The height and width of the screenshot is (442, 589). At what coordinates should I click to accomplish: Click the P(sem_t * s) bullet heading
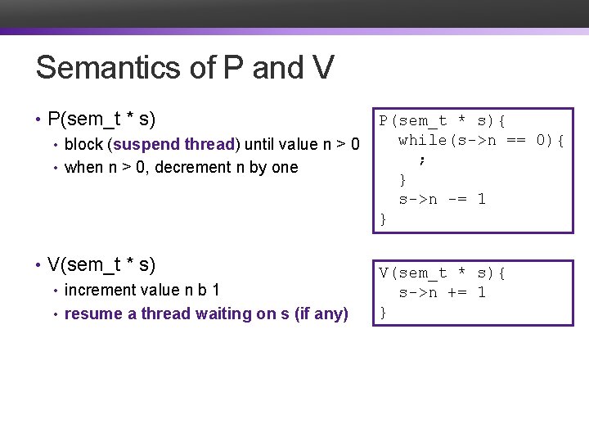(x=101, y=120)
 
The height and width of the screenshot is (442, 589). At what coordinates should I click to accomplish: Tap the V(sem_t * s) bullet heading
(x=101, y=264)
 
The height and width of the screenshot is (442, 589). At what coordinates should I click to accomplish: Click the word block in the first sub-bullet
(x=83, y=144)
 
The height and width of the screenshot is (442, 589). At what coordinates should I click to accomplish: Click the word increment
(x=98, y=290)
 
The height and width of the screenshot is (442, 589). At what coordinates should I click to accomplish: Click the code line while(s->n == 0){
(x=481, y=141)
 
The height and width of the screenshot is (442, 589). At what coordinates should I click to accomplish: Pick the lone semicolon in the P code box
(x=422, y=160)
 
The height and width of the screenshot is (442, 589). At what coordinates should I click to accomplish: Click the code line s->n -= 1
(x=442, y=199)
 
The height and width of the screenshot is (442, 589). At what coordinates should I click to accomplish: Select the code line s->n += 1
(x=442, y=292)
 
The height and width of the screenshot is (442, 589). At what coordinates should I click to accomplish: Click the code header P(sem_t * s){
(x=442, y=121)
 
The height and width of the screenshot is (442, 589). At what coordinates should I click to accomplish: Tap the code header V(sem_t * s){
(x=442, y=273)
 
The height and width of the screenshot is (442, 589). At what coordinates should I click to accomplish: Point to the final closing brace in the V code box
(x=383, y=312)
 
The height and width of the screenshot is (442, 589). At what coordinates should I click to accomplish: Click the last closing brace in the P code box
(x=383, y=219)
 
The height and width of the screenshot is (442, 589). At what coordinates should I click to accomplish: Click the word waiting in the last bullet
(x=218, y=313)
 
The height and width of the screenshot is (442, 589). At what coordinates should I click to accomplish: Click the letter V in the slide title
(x=321, y=68)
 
